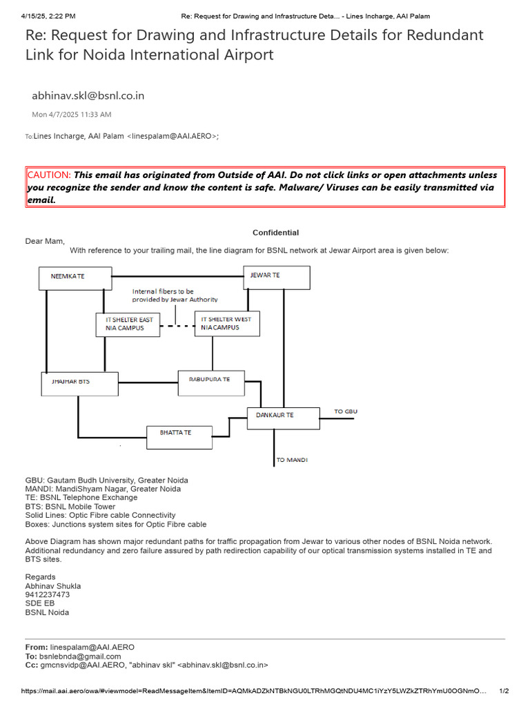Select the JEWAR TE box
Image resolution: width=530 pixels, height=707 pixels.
point(276,277)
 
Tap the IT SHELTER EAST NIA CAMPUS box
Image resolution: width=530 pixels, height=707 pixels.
point(128,324)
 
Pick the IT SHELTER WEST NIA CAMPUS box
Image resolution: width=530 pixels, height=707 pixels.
point(228,324)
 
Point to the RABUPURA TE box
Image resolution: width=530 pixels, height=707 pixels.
point(210,381)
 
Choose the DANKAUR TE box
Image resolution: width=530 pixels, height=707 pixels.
point(283,418)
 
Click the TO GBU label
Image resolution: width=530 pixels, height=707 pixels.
point(346,412)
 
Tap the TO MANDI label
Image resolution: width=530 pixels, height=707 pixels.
point(292,460)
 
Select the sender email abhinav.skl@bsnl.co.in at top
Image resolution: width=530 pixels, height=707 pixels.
point(88,96)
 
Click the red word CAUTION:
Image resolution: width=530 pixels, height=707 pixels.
point(48,175)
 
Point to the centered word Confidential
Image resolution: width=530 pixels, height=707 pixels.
point(275,233)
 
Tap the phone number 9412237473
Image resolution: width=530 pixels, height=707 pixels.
point(48,594)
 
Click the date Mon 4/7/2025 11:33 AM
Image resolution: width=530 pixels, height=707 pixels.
point(71,115)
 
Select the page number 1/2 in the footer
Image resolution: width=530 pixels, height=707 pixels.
point(503,691)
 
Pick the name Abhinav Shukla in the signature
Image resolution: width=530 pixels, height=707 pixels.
point(53,586)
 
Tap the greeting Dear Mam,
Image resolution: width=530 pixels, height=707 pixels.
point(45,241)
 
